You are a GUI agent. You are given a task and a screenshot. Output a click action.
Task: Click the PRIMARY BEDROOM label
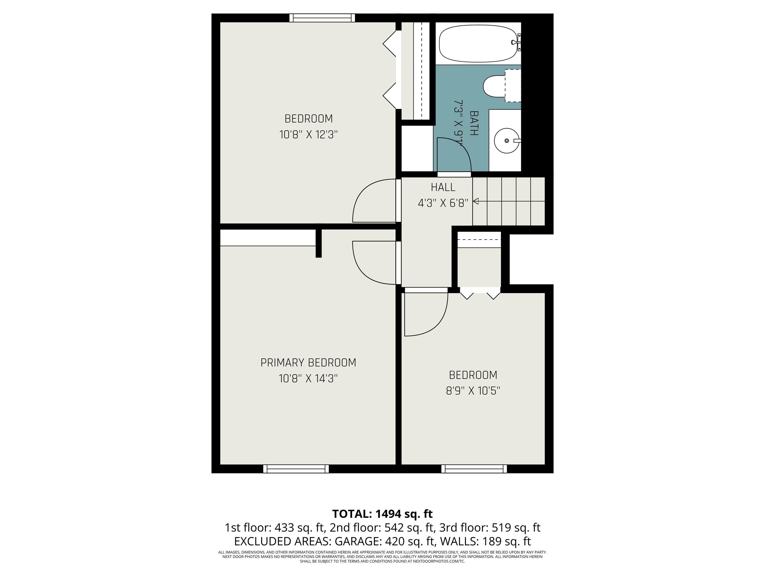point(308,362)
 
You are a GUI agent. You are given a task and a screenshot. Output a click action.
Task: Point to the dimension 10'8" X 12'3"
point(308,134)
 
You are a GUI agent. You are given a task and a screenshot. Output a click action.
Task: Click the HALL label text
point(443,188)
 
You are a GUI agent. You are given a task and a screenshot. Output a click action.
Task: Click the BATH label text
point(474,123)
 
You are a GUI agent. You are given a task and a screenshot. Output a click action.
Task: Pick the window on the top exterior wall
point(322,18)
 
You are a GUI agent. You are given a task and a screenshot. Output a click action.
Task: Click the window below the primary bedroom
point(296,469)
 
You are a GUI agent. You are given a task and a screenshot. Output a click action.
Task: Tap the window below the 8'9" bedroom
point(474,469)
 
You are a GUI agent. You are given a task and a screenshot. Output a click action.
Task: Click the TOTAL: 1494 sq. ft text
point(382,514)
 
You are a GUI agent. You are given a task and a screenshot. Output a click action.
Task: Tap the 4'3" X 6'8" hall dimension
point(443,203)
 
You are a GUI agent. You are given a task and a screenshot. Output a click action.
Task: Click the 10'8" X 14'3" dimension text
point(308,378)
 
